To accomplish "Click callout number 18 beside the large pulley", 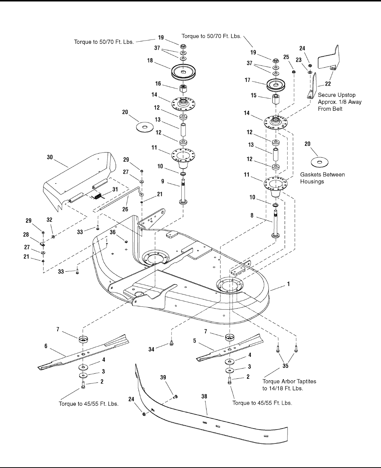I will click(x=150, y=61).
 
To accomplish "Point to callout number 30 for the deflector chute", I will click(x=50, y=157).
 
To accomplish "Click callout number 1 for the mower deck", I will click(x=289, y=283).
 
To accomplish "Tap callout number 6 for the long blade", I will click(x=46, y=346).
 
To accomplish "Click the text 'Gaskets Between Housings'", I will click(x=322, y=178).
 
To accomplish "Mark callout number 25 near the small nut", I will click(x=286, y=57).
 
